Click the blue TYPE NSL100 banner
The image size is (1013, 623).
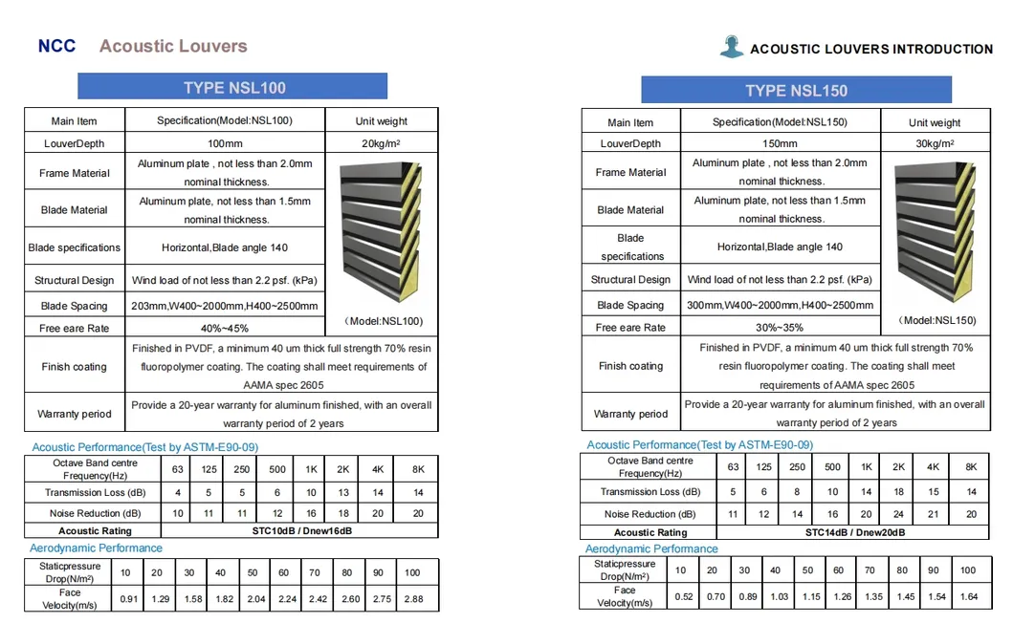tap(232, 87)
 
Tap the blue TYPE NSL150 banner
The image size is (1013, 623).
tap(796, 91)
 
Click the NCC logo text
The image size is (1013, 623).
tap(56, 46)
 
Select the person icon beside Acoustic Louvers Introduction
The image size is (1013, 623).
tap(732, 47)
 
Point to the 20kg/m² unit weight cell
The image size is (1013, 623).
tap(382, 143)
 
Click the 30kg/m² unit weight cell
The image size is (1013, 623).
tap(934, 143)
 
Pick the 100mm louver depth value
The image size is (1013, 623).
tap(224, 143)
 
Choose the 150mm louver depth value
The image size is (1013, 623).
tap(780, 143)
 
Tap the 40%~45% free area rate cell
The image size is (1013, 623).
tap(224, 328)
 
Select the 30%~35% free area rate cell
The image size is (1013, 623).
tap(780, 327)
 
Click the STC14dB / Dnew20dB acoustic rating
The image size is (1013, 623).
tap(855, 532)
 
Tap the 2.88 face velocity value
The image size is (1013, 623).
tap(413, 598)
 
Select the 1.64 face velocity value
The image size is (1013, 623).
tap(968, 597)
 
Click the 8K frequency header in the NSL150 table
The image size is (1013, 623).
tap(971, 467)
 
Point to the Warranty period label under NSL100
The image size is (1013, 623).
tap(74, 414)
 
